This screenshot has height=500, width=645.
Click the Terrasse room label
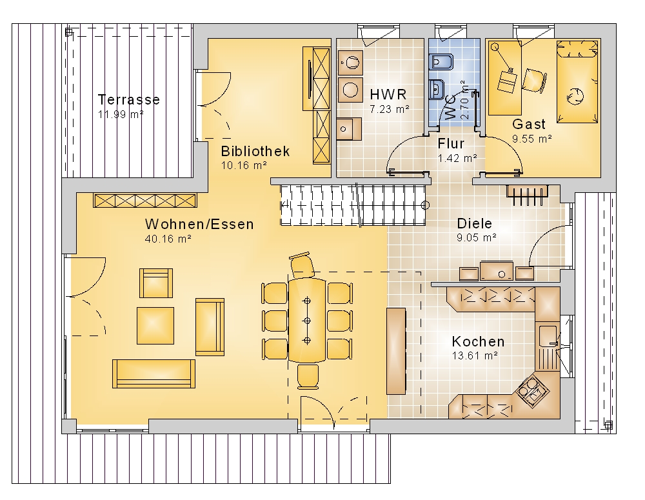click(129, 99)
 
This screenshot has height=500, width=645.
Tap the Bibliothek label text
click(255, 151)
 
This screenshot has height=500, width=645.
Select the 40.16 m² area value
click(168, 239)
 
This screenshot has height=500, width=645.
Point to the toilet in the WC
click(441, 63)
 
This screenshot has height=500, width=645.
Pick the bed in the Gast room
click(577, 81)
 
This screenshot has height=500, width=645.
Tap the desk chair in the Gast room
click(535, 80)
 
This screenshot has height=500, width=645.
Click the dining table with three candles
click(307, 320)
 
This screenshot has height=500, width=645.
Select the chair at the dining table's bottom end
click(308, 376)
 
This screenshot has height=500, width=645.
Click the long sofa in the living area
click(154, 374)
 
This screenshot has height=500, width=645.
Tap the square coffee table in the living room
click(155, 325)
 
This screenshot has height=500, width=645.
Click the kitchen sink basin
click(548, 335)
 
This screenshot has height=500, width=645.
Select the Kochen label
click(478, 341)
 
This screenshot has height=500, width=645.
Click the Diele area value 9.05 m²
click(477, 237)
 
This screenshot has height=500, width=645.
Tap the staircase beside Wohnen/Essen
click(353, 205)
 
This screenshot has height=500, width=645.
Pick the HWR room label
click(388, 94)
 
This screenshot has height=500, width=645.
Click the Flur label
click(451, 143)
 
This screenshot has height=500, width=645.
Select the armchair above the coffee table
click(156, 283)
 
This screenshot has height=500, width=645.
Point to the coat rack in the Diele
click(528, 194)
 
